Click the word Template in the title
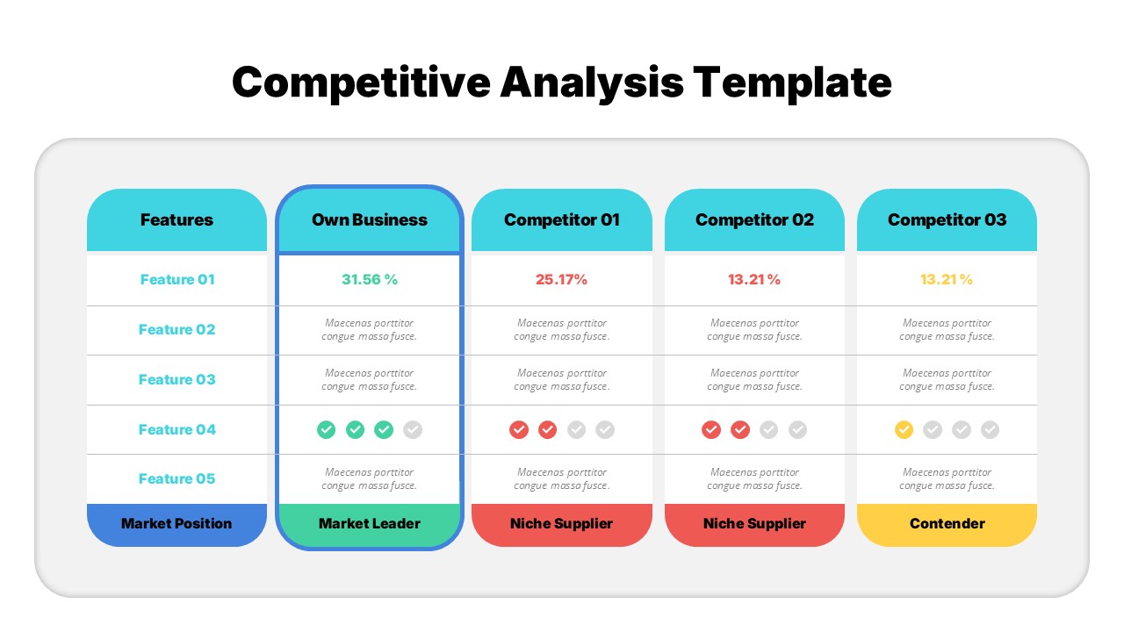792,83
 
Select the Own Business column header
370,219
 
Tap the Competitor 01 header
562,219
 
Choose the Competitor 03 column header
947,219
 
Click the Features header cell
177,219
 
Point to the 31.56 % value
370,279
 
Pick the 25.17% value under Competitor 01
562,279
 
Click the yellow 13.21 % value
947,279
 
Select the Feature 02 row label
177,329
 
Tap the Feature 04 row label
177,429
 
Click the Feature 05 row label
177,478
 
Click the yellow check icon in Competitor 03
904,429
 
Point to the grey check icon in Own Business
413,429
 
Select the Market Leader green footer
370,523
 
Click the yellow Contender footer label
947,523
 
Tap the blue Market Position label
177,523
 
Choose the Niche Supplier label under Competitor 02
754,523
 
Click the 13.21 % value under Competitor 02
754,279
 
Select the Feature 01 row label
177,279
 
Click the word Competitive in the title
361,83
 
